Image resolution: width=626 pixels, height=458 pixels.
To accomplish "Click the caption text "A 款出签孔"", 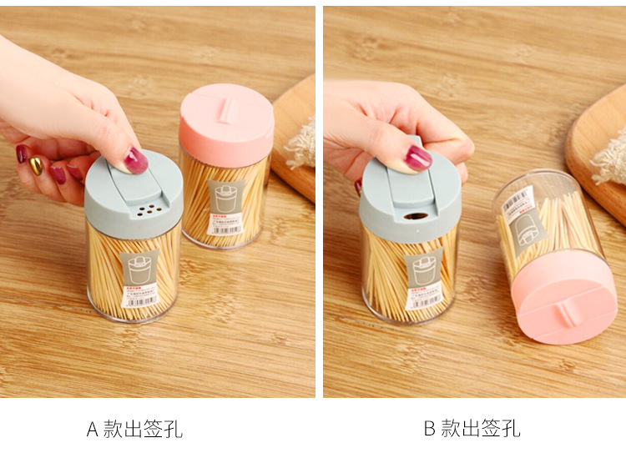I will tap(134, 430).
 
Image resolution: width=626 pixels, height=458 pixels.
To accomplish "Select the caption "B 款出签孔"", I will tap(472, 430).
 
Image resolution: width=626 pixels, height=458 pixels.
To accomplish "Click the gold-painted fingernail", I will tap(36, 165).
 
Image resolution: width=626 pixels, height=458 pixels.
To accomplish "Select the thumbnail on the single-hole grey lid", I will tap(419, 158).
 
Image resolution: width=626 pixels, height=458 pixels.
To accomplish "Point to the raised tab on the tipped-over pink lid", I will tap(567, 313).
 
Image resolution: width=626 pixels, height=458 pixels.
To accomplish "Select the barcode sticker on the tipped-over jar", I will tap(518, 199).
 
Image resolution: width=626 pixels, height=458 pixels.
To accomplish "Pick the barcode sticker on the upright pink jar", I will tap(225, 226).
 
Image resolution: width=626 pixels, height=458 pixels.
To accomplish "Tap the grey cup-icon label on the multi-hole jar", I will tap(139, 266).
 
